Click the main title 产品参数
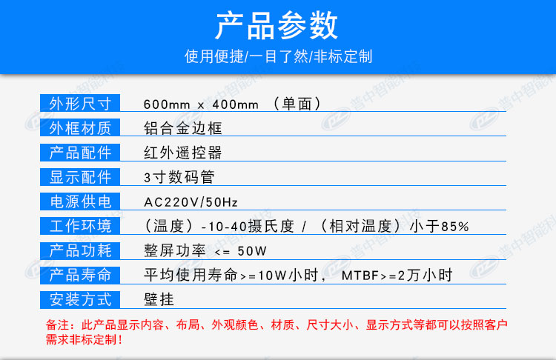[277, 24]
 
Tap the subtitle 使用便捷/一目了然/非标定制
[278, 56]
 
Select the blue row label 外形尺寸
[80, 103]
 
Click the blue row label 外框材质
[80, 127]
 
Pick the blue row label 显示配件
[80, 177]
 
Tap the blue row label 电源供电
[80, 201]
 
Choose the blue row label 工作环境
[80, 226]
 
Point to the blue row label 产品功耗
[80, 250]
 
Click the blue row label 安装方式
[80, 299]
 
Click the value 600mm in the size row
[167, 104]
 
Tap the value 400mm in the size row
[236, 104]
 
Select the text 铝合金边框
[183, 128]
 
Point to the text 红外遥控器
[183, 153]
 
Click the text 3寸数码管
[179, 177]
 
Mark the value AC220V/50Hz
[191, 202]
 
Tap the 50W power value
[252, 251]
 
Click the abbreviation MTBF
[360, 276]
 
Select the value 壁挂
[159, 299]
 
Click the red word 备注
[57, 324]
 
